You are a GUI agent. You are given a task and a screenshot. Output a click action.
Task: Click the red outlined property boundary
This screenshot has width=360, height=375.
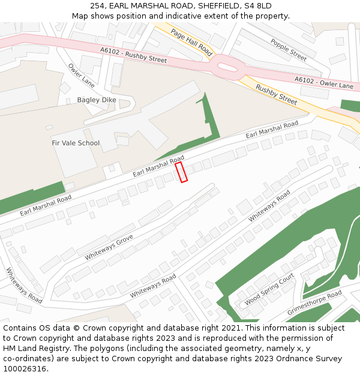point(181,172)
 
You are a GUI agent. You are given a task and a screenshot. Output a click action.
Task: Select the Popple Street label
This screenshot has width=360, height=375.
point(289,50)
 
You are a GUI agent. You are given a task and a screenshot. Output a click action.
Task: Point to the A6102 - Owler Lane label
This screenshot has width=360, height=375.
point(323,82)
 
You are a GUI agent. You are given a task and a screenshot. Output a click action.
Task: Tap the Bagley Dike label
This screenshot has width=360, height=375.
point(97,100)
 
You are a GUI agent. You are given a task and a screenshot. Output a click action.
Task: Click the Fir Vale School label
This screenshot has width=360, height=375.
point(76,143)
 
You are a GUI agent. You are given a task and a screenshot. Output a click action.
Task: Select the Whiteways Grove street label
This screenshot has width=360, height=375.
point(109,247)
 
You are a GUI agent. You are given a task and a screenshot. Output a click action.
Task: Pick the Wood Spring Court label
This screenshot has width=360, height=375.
point(269,290)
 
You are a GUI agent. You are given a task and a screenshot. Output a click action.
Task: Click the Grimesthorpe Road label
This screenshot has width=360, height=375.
point(314,302)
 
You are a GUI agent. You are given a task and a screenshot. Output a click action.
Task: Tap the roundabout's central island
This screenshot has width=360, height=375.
point(227,67)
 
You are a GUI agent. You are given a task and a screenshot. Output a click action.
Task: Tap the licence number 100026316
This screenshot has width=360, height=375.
point(23,369)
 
